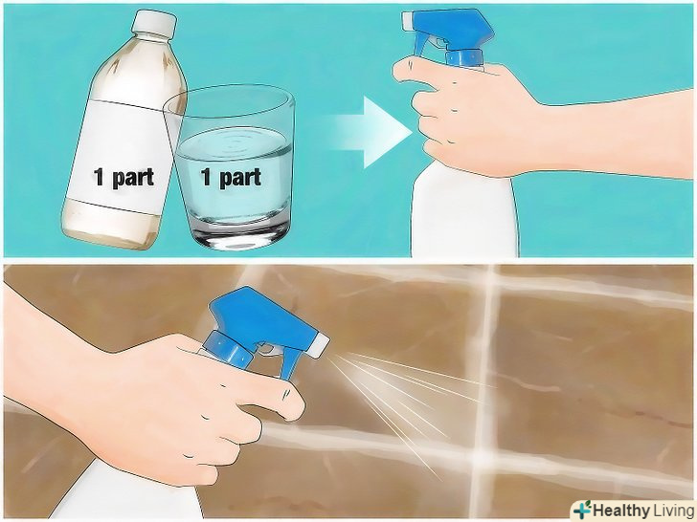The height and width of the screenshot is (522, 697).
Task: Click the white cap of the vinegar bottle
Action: click(x=155, y=22)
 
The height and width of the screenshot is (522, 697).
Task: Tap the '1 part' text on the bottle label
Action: click(x=124, y=177)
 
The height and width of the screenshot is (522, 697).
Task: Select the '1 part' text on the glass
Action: click(x=231, y=177)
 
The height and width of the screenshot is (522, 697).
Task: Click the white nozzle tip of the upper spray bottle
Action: click(x=408, y=20)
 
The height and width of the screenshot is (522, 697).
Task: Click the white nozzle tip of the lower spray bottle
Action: click(x=319, y=345)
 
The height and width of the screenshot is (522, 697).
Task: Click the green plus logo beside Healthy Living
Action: click(x=582, y=510)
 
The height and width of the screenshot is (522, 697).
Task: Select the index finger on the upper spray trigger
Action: click(x=414, y=71)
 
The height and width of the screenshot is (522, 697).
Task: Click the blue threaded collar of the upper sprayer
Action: click(x=464, y=58)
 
